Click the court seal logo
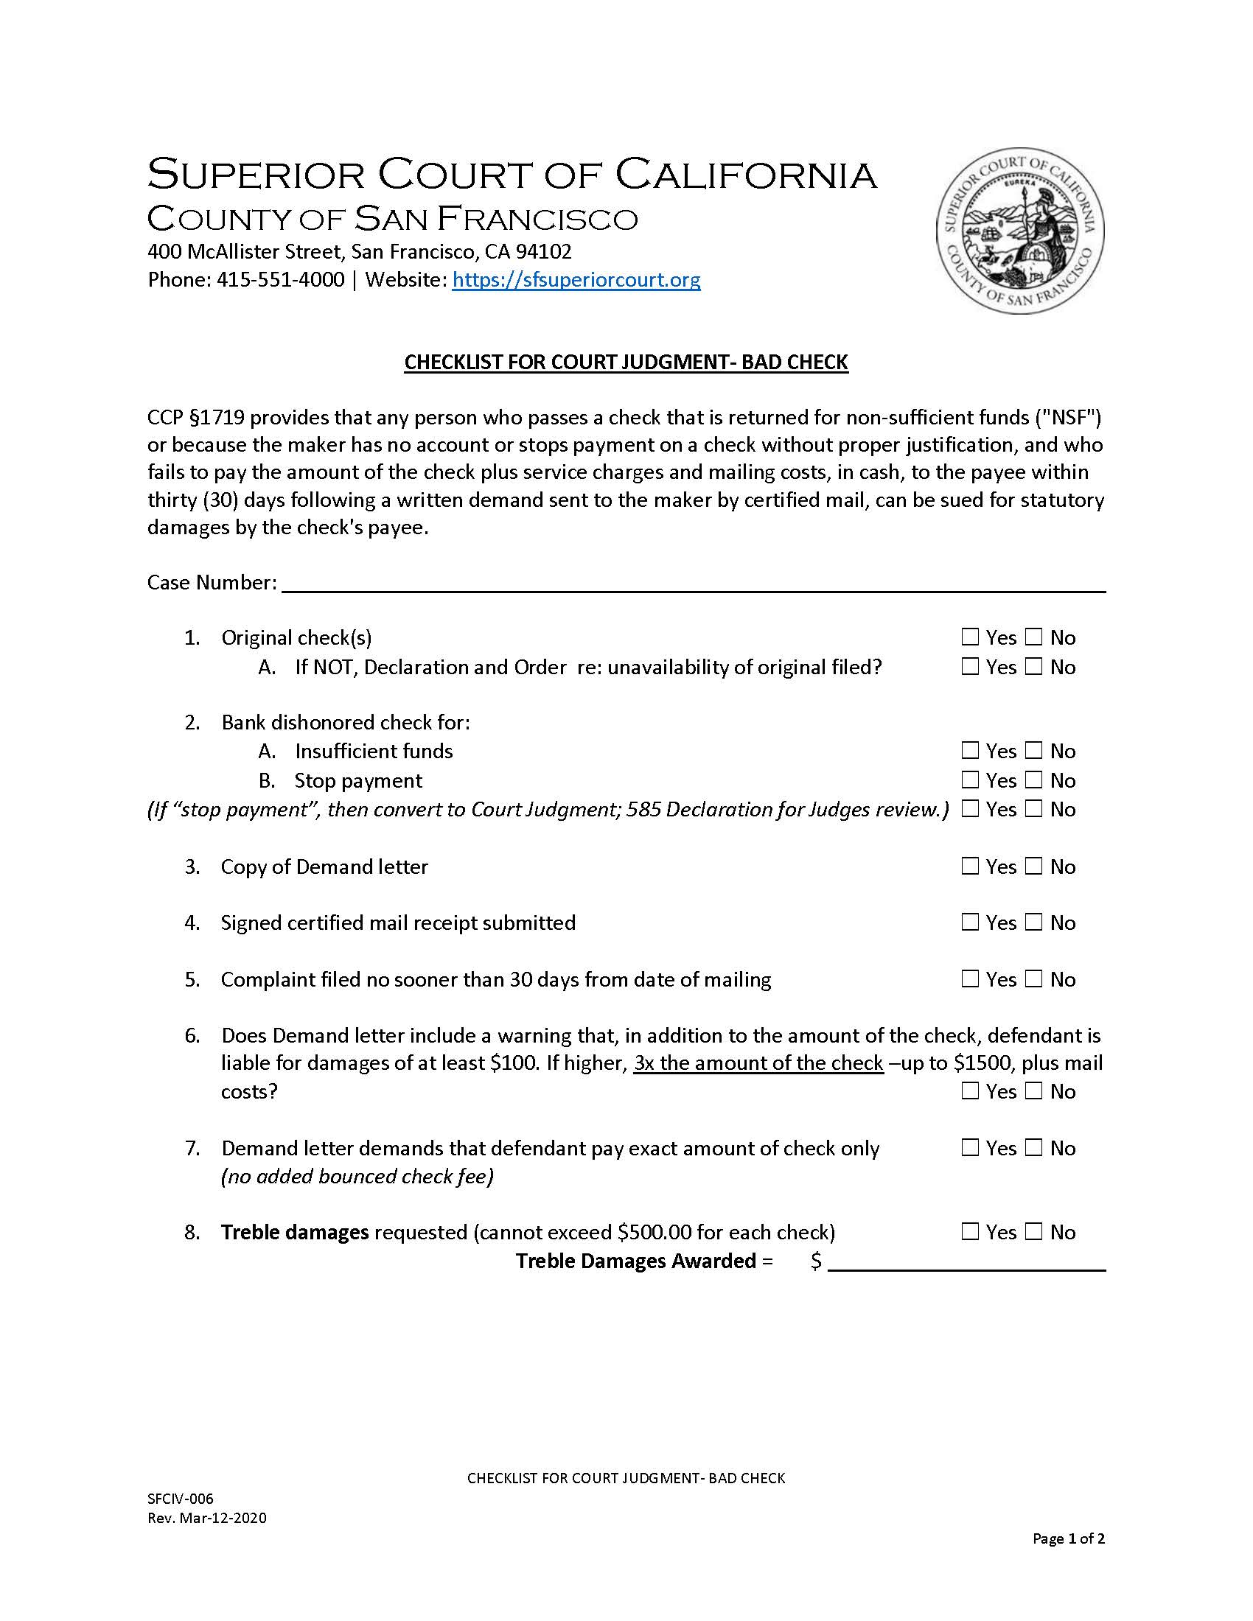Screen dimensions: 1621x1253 click(1019, 231)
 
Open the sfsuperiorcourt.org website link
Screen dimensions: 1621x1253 click(576, 280)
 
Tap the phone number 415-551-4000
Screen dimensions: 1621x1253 click(280, 280)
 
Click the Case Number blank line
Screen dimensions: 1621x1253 click(694, 584)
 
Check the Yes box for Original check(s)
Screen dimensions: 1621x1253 click(970, 637)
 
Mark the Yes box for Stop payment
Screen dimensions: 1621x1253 click(970, 780)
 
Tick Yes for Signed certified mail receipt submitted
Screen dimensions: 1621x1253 click(970, 922)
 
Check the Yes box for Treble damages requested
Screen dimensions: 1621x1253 click(970, 1232)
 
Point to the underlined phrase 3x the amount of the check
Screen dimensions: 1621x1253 click(758, 1062)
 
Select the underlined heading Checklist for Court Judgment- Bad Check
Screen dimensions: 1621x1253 click(626, 363)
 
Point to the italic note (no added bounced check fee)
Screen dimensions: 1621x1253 click(357, 1177)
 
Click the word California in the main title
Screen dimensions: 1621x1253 click(746, 175)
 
